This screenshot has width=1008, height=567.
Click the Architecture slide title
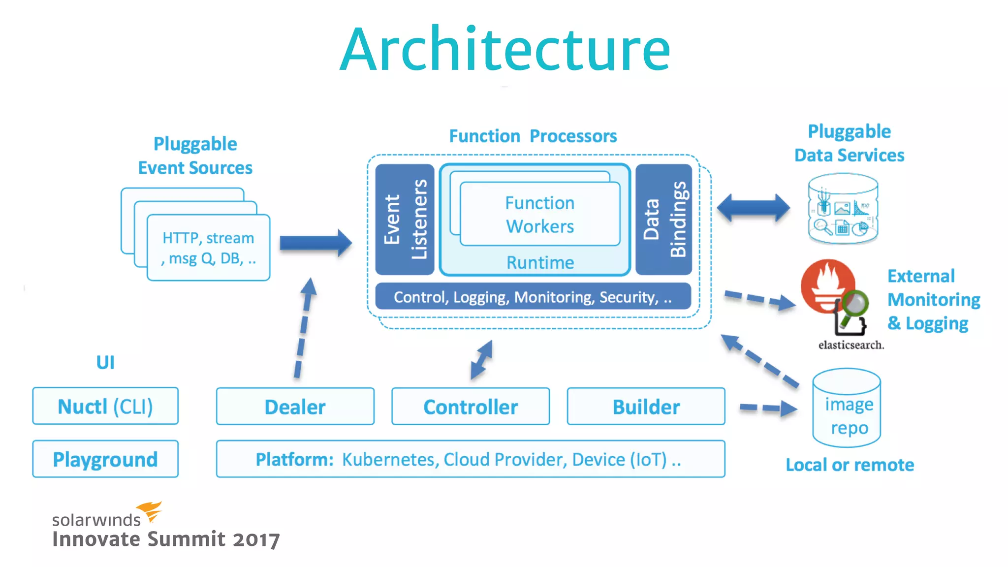tap(505, 49)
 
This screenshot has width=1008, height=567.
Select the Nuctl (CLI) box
tap(105, 406)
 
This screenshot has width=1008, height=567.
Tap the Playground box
tap(105, 459)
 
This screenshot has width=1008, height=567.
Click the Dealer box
tap(295, 407)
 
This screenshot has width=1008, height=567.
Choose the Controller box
tap(471, 407)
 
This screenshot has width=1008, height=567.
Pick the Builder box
tap(646, 407)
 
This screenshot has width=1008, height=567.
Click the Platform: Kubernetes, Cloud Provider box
tap(470, 459)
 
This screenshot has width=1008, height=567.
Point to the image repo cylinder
tap(847, 409)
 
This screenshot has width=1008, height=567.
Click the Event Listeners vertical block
tap(405, 220)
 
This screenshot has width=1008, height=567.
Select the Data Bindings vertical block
tap(663, 220)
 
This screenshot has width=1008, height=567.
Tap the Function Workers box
tap(540, 215)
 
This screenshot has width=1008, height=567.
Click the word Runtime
tap(540, 262)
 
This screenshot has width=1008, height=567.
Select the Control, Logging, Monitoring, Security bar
tap(533, 297)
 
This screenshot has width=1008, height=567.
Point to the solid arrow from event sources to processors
tap(315, 243)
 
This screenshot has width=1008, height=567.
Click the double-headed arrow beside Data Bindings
tap(753, 208)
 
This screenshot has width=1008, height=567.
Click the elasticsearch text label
tap(851, 345)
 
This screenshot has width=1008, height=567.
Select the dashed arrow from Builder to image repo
tap(768, 408)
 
